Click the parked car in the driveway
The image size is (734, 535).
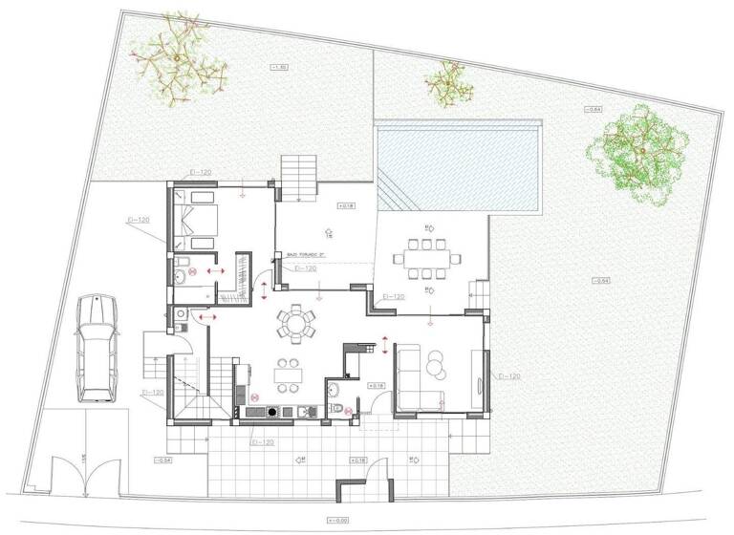[x=96, y=347]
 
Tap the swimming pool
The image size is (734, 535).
[x=459, y=167]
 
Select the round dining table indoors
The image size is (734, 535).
[x=296, y=324]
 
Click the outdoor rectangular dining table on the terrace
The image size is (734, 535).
[x=423, y=257]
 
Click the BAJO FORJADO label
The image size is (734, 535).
[x=305, y=255]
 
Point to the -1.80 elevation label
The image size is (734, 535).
[x=279, y=67]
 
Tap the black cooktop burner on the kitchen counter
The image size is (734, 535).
[x=274, y=412]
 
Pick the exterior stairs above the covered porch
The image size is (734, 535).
[x=298, y=177]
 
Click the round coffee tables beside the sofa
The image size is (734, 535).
[x=437, y=364]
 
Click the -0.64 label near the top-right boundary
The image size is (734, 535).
[x=594, y=112]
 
